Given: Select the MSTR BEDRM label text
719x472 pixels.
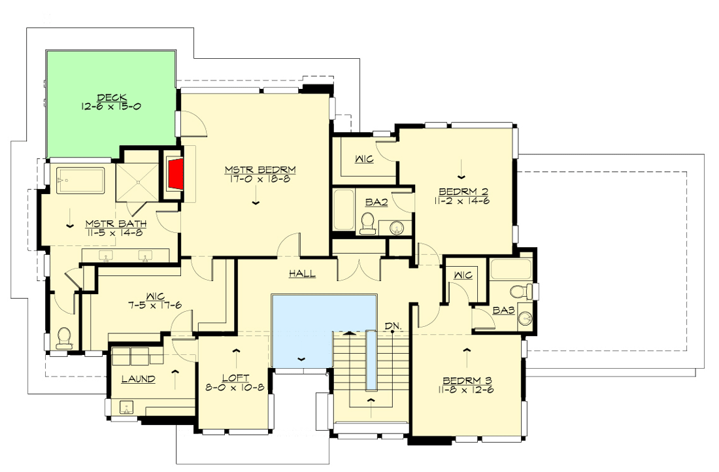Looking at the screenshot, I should coord(260,169).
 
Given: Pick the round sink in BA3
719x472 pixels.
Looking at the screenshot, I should coord(524,319).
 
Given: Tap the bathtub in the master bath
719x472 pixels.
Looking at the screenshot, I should coord(80,180).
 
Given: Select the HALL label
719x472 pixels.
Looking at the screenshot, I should coord(303,274).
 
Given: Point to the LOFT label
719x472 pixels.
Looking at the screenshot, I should coord(234,377).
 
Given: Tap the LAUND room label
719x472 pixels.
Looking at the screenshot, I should coord(139,379).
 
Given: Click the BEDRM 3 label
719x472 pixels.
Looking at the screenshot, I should coord(466,380).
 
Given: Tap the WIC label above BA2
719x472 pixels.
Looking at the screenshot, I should coord(364,159).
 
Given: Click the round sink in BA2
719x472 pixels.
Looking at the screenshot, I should coord(395,228).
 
